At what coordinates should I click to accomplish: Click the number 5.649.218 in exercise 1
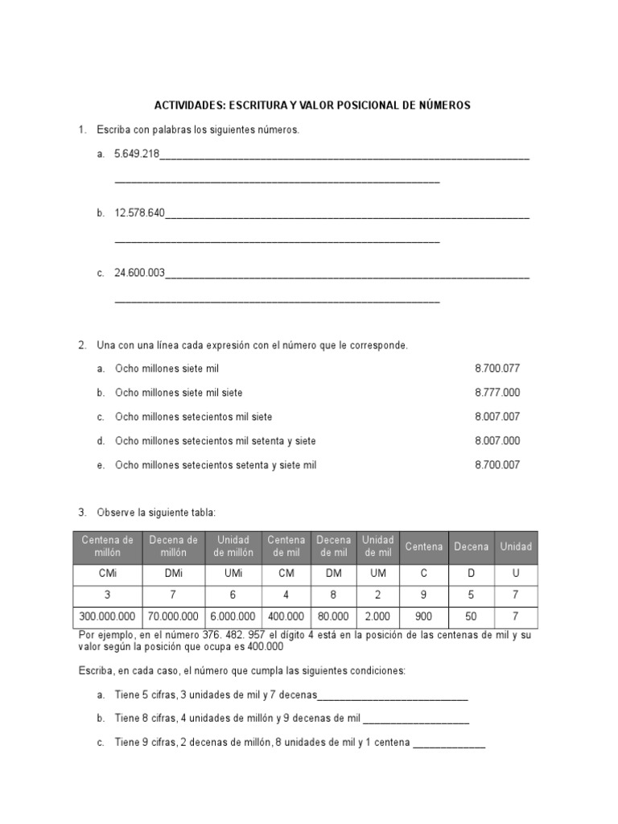pyautogui.click(x=137, y=153)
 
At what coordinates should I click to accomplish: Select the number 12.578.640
pyautogui.click(x=139, y=212)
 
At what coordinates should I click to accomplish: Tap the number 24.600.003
pyautogui.click(x=139, y=273)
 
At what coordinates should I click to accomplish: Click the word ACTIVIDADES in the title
pyautogui.click(x=189, y=105)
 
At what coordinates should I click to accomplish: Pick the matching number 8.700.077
pyautogui.click(x=497, y=369)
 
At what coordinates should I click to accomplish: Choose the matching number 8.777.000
pyautogui.click(x=497, y=393)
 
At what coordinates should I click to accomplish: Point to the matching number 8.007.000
pyautogui.click(x=497, y=441)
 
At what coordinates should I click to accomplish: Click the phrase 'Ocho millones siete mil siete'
pyautogui.click(x=179, y=393)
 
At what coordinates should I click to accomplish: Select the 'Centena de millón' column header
pyautogui.click(x=107, y=546)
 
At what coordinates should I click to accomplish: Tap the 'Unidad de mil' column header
pyautogui.click(x=377, y=546)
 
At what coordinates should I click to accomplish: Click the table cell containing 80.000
pyautogui.click(x=334, y=616)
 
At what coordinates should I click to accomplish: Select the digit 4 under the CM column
pyautogui.click(x=286, y=596)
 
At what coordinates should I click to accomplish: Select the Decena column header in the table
pyautogui.click(x=471, y=547)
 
